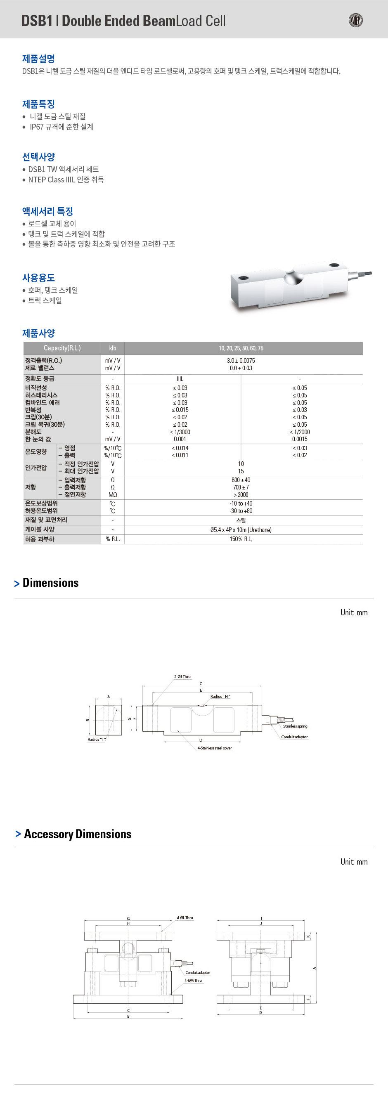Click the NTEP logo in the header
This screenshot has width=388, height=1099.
tap(355, 20)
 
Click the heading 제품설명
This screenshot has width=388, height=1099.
tap(38, 59)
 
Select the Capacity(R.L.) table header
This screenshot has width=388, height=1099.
tap(62, 348)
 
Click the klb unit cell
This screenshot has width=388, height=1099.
tap(113, 348)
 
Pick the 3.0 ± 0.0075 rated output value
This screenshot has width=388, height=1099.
tap(241, 361)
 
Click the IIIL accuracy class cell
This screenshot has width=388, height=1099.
tap(180, 378)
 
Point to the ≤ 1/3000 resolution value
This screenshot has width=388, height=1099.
tap(180, 432)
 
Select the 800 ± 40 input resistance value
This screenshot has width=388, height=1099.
tap(241, 480)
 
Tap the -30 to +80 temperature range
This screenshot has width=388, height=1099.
tap(241, 511)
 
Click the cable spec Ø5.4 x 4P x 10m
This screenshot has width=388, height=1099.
tap(241, 529)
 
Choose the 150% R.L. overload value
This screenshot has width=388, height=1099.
tap(241, 539)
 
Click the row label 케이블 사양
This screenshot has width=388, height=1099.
tap(40, 529)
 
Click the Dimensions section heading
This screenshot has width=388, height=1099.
tap(50, 583)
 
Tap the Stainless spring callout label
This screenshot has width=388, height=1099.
tap(295, 726)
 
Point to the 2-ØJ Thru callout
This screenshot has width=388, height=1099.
tap(182, 677)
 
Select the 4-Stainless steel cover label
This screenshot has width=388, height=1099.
tap(214, 748)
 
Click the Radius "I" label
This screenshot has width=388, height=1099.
tap(97, 740)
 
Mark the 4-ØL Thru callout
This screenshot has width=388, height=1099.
tap(185, 917)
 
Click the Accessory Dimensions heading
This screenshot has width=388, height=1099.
tap(77, 834)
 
